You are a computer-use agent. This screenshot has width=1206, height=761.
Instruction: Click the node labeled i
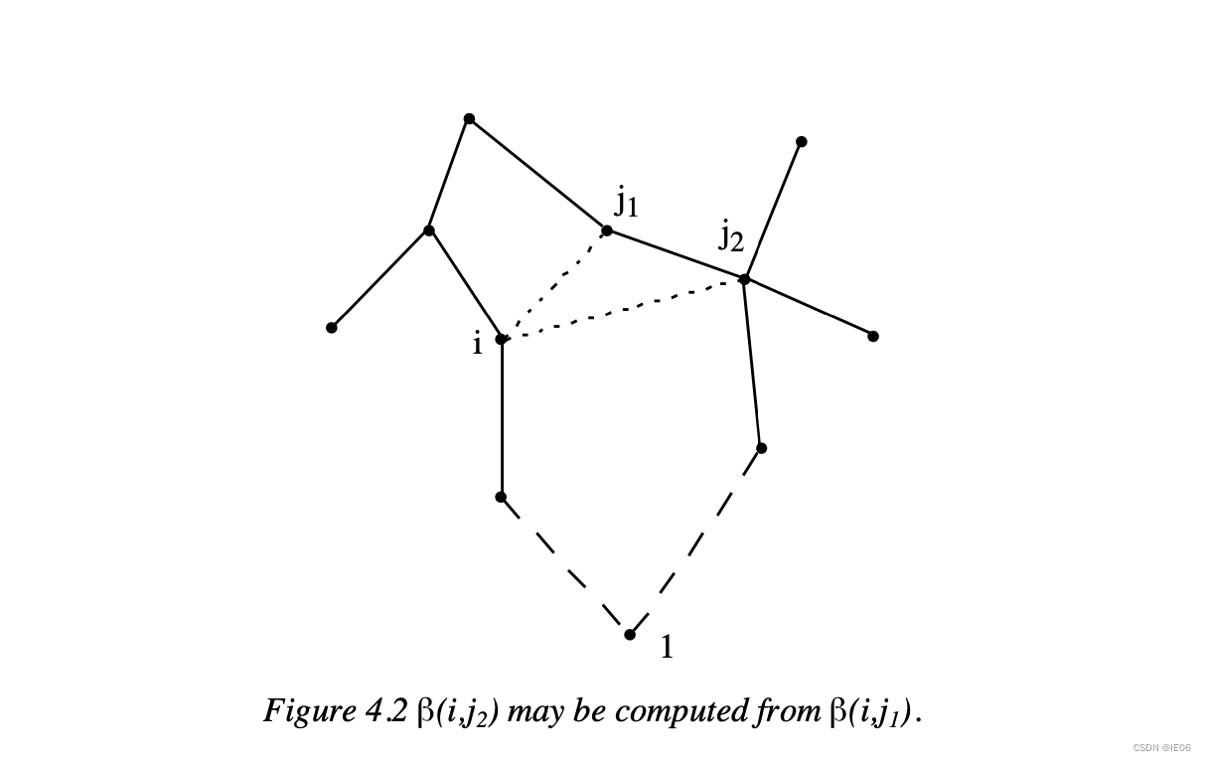[502, 339]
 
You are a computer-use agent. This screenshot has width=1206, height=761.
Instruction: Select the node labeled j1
[607, 230]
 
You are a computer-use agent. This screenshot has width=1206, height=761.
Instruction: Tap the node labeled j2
[744, 279]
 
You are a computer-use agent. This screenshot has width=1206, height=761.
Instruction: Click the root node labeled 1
[630, 635]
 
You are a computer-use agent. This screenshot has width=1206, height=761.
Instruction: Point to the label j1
[626, 203]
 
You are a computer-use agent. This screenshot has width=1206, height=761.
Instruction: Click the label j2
[731, 236]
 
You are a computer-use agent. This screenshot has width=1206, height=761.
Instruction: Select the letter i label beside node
[477, 344]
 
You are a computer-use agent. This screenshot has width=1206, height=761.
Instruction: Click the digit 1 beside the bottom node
[667, 648]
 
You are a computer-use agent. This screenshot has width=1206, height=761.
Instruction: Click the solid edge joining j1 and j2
[676, 255]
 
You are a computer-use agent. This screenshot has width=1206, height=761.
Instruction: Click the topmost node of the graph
[469, 119]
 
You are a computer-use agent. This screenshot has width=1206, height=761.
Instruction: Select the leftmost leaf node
[332, 328]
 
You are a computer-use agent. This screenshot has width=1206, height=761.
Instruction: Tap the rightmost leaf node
[873, 337]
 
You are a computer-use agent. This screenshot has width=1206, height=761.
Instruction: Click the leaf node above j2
[802, 142]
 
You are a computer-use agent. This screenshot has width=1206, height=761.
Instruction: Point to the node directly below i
[501, 497]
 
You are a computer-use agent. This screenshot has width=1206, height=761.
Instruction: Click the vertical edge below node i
[502, 417]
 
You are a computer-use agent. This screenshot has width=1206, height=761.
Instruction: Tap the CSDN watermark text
[1161, 747]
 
